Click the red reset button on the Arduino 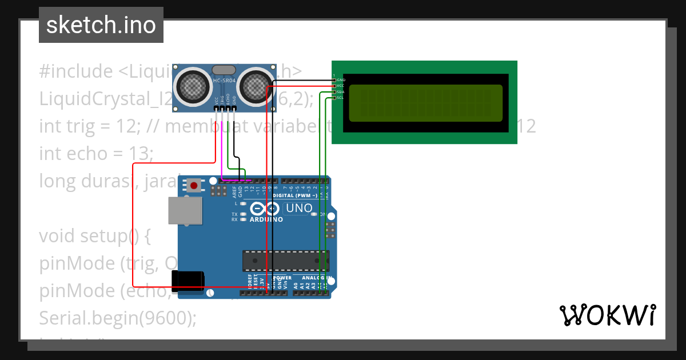pyautogui.click(x=194, y=186)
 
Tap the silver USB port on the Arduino pyautogui.click(x=185, y=211)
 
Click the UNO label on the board pyautogui.click(x=298, y=209)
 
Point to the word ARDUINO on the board pyautogui.click(x=266, y=219)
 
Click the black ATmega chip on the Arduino pyautogui.click(x=286, y=260)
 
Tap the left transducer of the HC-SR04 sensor pyautogui.click(x=193, y=86)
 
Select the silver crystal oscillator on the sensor pyautogui.click(x=223, y=70)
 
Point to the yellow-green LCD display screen pyautogui.click(x=425, y=103)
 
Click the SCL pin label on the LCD pyautogui.click(x=340, y=98)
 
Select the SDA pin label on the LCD pyautogui.click(x=340, y=91)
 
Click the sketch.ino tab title pyautogui.click(x=101, y=25)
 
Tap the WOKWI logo pyautogui.click(x=607, y=315)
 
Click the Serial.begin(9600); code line pyautogui.click(x=118, y=318)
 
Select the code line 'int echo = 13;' pyautogui.click(x=96, y=153)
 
